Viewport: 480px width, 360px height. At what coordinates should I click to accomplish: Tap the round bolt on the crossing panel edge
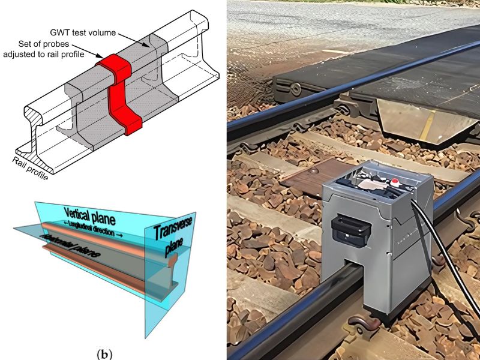coord(296,88)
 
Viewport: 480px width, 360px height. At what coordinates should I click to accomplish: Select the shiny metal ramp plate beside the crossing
coord(420,120)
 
